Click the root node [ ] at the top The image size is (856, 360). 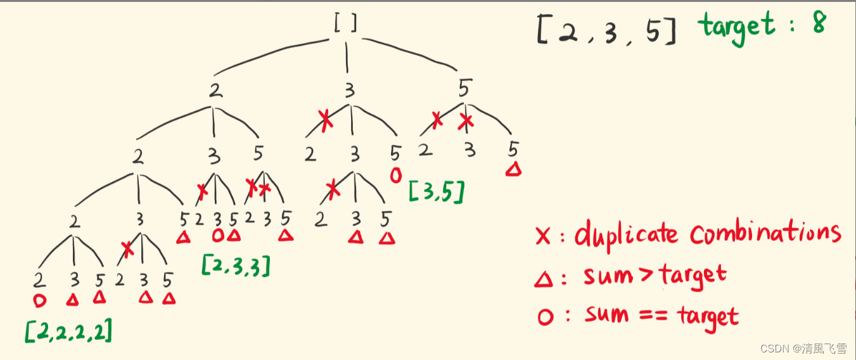coord(346,23)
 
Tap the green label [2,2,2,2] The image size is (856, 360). coord(69,330)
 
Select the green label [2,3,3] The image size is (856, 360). coord(236,265)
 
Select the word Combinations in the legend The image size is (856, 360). coord(765,233)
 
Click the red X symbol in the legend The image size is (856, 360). coord(543,236)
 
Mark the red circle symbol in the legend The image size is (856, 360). coord(544,317)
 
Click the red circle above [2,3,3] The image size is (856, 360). coord(218,236)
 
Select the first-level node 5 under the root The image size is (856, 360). coord(464,89)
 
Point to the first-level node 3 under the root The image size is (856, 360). coord(348,91)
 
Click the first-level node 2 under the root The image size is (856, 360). coord(215,91)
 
